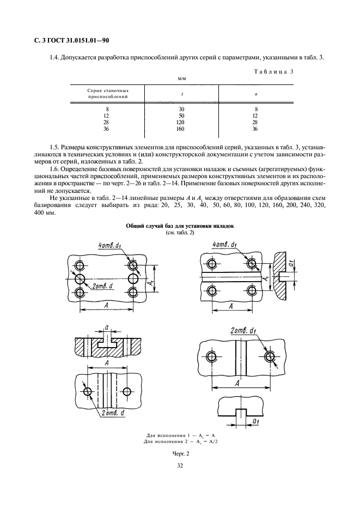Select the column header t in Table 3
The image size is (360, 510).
(x=182, y=94)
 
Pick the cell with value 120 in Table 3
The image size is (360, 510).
(x=180, y=122)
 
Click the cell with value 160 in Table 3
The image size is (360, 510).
(x=180, y=129)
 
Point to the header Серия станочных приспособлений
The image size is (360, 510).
(x=108, y=93)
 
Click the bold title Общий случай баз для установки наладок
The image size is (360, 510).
(x=180, y=226)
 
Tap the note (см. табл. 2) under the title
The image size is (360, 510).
(x=180, y=233)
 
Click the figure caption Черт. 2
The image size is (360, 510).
(x=180, y=454)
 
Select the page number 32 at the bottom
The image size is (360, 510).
(x=180, y=466)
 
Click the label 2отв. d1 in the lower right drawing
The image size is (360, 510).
(x=243, y=331)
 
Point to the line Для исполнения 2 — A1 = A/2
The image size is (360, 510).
(x=180, y=441)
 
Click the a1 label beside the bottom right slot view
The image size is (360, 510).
(x=255, y=422)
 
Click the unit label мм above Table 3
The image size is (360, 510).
(x=181, y=78)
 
